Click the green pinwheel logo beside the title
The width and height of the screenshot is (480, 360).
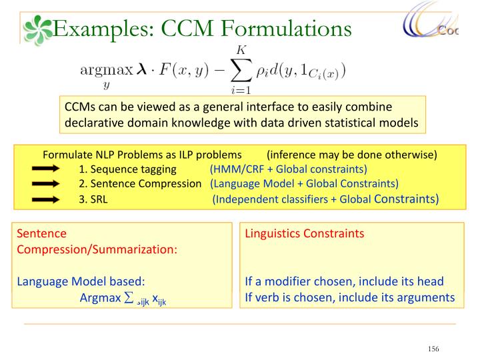[37, 30]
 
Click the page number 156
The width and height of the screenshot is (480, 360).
[434, 349]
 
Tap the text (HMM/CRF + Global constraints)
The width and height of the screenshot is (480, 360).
[288, 169]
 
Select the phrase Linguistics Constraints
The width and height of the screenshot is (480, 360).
[305, 234]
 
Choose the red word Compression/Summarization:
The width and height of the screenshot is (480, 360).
[97, 249]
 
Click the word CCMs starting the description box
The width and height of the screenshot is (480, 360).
[80, 107]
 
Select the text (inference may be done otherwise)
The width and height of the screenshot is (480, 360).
[351, 155]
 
